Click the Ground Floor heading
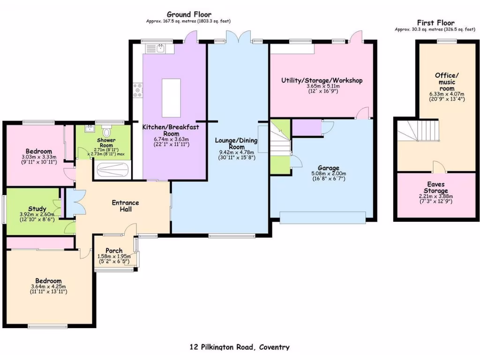(x=189, y=15)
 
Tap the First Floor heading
(x=435, y=22)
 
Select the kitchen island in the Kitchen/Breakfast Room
(x=172, y=97)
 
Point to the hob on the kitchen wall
(x=138, y=90)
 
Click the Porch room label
(x=114, y=250)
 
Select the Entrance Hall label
(x=125, y=206)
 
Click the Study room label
(x=37, y=209)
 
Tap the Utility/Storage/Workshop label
(x=322, y=80)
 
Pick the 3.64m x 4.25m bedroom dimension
(x=49, y=286)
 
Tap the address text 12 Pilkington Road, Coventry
(x=240, y=347)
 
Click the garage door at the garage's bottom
(x=322, y=216)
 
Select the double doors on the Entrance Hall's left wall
(x=70, y=202)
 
